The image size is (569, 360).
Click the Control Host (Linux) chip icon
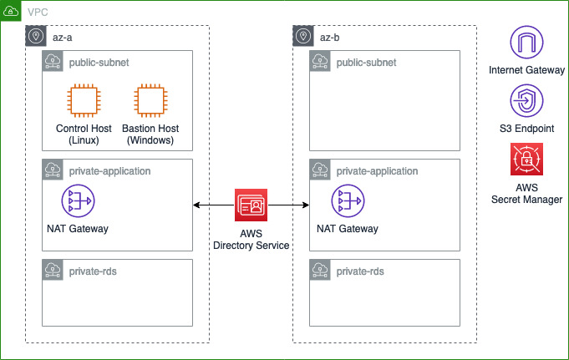(84, 100)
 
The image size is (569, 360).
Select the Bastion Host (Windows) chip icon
(150, 100)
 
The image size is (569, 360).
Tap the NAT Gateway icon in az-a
(78, 200)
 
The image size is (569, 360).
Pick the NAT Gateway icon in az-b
(348, 200)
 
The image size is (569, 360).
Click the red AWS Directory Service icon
(251, 205)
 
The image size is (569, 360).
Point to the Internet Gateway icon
(526, 42)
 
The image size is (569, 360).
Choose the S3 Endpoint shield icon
(526, 100)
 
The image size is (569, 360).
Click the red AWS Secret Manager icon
(526, 159)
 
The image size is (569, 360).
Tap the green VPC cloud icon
(11, 11)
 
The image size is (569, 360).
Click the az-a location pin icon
(36, 36)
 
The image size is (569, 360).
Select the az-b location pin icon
(303, 36)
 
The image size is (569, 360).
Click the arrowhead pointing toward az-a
(196, 205)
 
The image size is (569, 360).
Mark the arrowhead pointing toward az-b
(306, 205)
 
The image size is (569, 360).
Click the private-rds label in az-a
(93, 271)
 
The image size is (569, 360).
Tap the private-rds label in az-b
(360, 271)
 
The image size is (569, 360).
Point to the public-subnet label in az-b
(366, 63)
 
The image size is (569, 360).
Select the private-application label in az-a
(109, 171)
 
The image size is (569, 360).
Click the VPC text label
(38, 13)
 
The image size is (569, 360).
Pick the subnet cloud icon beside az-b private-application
(320, 170)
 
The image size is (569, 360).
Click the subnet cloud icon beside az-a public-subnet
(53, 61)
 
